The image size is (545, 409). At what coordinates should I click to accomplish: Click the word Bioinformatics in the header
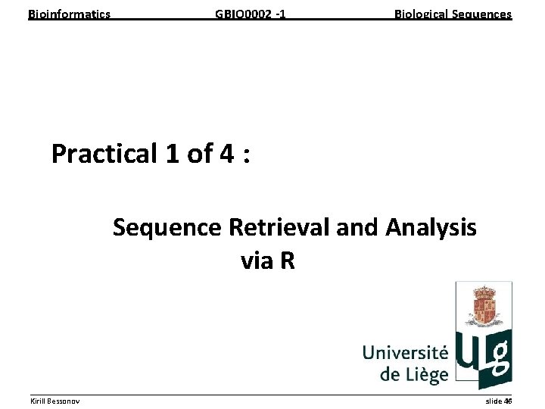[x=69, y=14]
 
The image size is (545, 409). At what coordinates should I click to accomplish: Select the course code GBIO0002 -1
[x=251, y=14]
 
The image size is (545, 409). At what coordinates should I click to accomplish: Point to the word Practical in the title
[x=104, y=154]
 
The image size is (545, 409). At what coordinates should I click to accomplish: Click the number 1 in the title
[x=170, y=154]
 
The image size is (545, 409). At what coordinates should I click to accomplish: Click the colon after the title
[x=248, y=155]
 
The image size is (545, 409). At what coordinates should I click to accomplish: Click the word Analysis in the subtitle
[x=431, y=226]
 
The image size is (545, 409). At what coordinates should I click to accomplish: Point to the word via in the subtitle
[x=257, y=261]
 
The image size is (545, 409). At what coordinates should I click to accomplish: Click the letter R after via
[x=287, y=261]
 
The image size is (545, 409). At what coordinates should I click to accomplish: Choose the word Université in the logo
[x=405, y=353]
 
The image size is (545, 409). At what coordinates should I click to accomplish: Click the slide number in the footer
[x=499, y=400]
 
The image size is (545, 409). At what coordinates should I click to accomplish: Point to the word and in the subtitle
[x=357, y=226]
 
